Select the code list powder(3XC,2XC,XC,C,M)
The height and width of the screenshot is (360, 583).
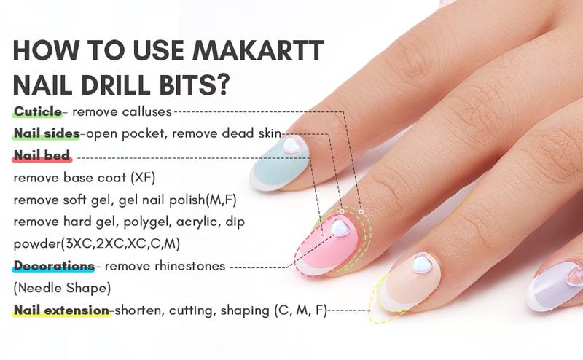(x=98, y=243)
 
